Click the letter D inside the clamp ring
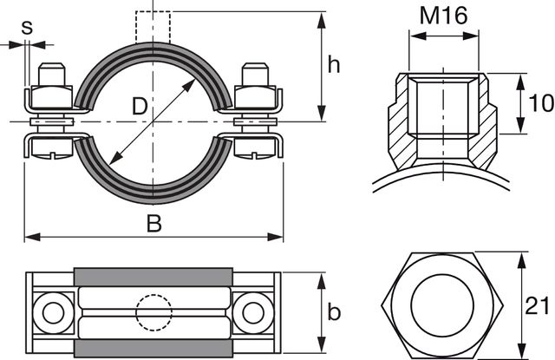pyautogui.click(x=138, y=107)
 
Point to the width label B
pyautogui.click(x=153, y=224)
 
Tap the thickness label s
pyautogui.click(x=27, y=26)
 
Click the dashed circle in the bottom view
pyautogui.click(x=153, y=311)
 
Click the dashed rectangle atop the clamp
pyautogui.click(x=153, y=24)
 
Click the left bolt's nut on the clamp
pyautogui.click(x=51, y=95)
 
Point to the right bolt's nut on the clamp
pyautogui.click(x=257, y=95)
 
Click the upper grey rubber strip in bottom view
pyautogui.click(x=153, y=277)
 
